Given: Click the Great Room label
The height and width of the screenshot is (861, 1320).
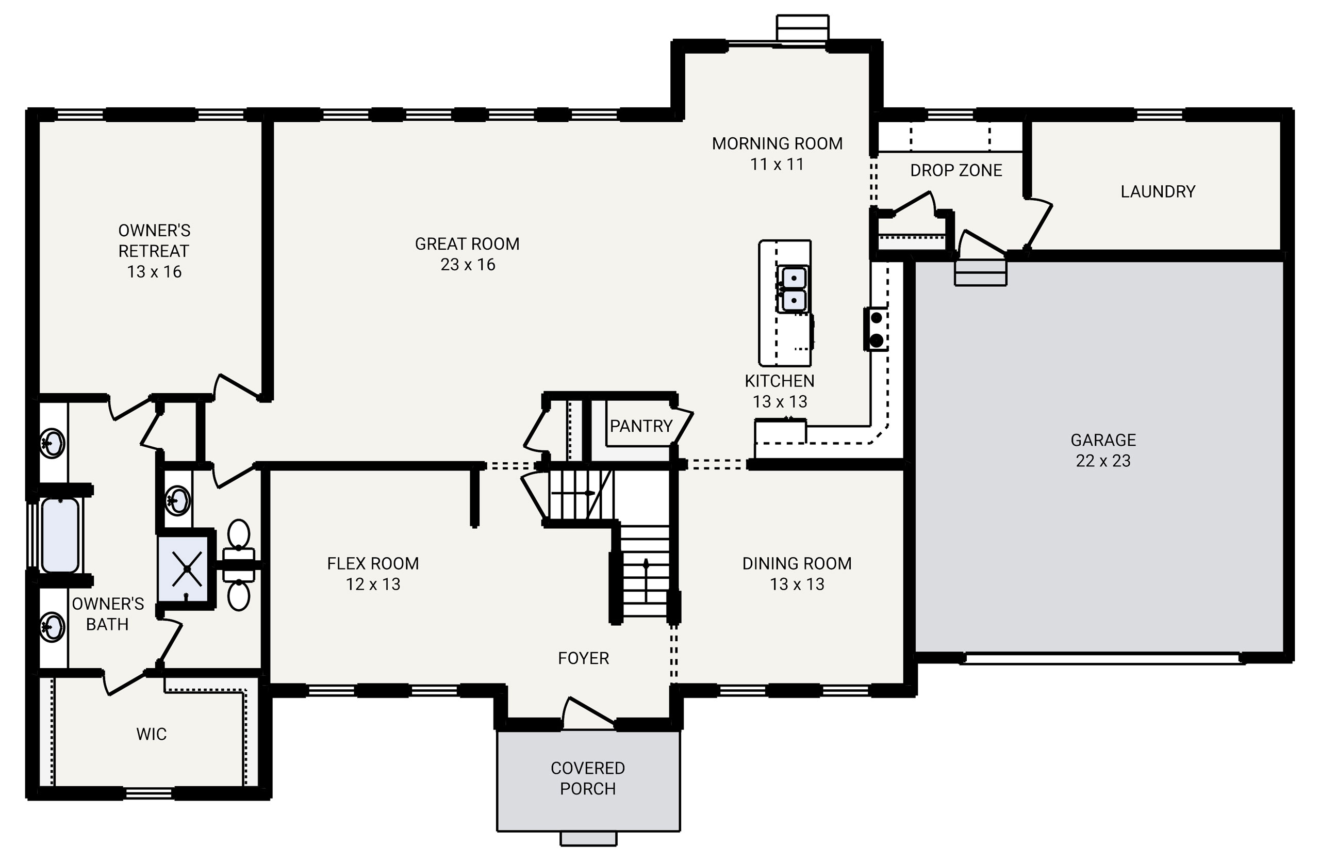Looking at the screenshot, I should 467,244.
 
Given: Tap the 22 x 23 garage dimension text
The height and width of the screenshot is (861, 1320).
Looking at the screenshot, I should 1102,461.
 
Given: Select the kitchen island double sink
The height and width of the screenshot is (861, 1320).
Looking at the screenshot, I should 793,289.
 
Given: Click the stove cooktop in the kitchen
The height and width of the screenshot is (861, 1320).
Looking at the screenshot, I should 876,330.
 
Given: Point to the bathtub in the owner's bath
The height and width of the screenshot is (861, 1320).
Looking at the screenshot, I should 60,535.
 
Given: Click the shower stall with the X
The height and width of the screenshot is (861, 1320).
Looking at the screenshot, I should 186,568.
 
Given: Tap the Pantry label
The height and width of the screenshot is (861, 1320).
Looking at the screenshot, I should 640,426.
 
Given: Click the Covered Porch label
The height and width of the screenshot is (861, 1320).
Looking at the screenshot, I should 587,778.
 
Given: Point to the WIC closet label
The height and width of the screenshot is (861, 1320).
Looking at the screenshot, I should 152,734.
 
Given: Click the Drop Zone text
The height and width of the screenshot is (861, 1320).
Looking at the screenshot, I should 955,170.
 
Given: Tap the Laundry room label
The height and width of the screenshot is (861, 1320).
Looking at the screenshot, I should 1158,191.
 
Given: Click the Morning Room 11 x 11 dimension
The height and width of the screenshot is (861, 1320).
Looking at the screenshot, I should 777,164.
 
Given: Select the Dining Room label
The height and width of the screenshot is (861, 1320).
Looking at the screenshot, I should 797,564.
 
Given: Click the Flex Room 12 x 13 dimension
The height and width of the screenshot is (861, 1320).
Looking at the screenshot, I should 373,584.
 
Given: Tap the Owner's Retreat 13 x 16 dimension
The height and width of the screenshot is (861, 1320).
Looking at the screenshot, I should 154,272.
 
